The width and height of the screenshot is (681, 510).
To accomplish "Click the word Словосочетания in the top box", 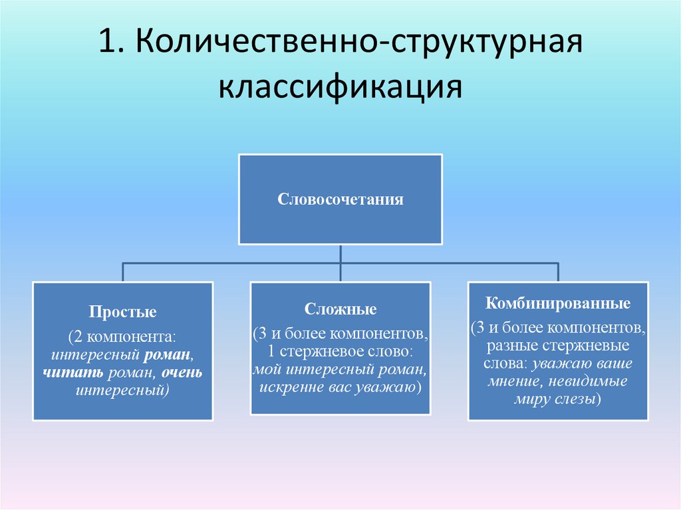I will (340, 199).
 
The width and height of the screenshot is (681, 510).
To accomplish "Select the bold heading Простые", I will (123, 311).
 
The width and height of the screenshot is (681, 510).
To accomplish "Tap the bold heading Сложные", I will (340, 309).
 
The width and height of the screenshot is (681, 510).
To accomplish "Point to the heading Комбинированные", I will (557, 305).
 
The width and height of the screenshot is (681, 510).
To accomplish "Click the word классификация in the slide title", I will (340, 88).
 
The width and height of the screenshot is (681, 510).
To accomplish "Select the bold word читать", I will (67, 373).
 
